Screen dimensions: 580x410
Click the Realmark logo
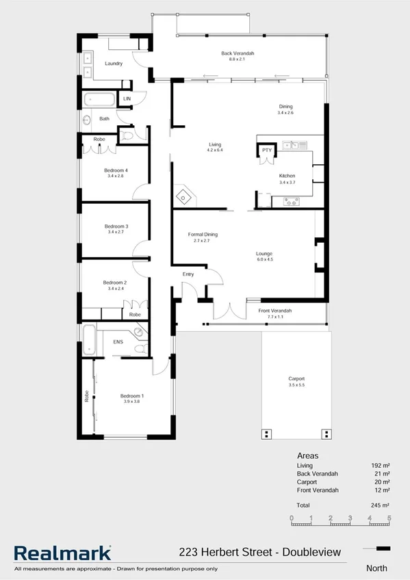[62, 553]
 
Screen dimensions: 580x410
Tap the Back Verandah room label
[238, 53]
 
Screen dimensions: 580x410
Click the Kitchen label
[287, 176]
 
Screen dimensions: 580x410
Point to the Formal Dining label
[203, 235]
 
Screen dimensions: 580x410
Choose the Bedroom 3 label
[116, 226]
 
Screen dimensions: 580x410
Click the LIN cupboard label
[127, 100]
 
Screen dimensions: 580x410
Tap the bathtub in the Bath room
[100, 100]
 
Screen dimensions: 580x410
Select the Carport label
[296, 378]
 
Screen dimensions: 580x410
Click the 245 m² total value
[380, 505]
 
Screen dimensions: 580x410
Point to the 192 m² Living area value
[380, 465]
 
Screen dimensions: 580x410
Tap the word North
[376, 568]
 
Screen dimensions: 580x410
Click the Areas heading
[307, 455]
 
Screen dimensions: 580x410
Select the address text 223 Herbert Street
[222, 552]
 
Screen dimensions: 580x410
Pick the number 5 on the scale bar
[389, 518]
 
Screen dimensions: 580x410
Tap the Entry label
[188, 274]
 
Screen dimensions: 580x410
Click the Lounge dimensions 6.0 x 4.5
[264, 260]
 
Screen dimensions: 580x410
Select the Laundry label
[113, 64]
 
